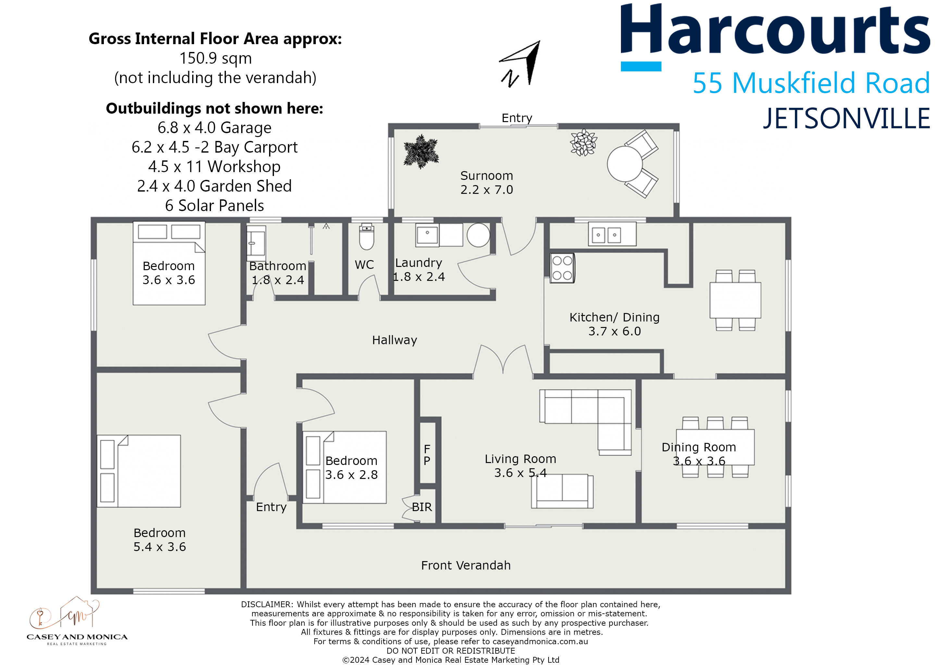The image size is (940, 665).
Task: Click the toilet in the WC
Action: (x=366, y=237)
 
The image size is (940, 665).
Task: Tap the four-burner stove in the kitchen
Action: (x=562, y=268)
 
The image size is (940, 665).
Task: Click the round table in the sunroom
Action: (x=625, y=164)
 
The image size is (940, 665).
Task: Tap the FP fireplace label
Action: (x=427, y=455)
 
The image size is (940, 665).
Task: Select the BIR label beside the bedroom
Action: (x=422, y=507)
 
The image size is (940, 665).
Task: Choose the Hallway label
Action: (x=394, y=340)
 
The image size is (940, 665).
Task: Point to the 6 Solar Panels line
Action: (x=215, y=205)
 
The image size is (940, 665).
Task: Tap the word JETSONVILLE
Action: (x=846, y=119)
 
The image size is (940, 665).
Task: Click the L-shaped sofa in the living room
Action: (x=589, y=414)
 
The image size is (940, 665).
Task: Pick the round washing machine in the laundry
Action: (x=478, y=235)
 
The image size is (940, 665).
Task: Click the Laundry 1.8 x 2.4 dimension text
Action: (x=419, y=277)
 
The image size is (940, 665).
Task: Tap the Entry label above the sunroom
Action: (x=517, y=118)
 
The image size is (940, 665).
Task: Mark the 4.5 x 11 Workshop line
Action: (x=215, y=167)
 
